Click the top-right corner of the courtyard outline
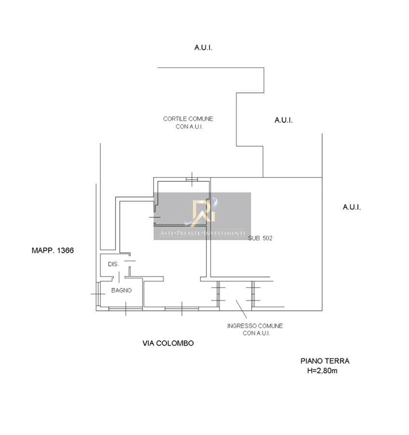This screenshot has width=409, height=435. tap(264, 67)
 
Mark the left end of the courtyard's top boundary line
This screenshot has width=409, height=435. tap(158, 67)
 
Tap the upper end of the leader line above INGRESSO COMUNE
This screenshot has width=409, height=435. tap(236, 300)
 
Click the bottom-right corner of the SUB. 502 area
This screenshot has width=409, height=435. tap(322, 310)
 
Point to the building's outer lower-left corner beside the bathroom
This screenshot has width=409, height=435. tap(96, 310)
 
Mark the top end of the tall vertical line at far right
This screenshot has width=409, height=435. tap(322, 134)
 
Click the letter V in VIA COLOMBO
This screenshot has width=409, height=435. tap(145, 343)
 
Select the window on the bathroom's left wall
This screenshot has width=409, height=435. tap(98, 294)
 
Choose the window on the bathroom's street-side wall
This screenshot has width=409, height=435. tap(126, 308)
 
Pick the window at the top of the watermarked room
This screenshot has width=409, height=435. tap(192, 179)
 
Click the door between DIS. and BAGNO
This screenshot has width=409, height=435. tap(119, 277)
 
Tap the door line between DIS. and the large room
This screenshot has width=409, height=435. tap(130, 261)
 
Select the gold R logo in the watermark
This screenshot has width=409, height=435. tap(204, 212)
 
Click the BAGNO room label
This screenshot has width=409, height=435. tap(121, 290)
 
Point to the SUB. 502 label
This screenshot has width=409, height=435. tap(260, 238)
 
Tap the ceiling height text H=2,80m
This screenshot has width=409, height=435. tap(322, 371)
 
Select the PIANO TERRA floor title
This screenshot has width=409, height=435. tap(325, 361)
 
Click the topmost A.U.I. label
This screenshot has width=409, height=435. tap(203, 48)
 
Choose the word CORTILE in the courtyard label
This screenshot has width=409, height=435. tap(173, 119)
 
